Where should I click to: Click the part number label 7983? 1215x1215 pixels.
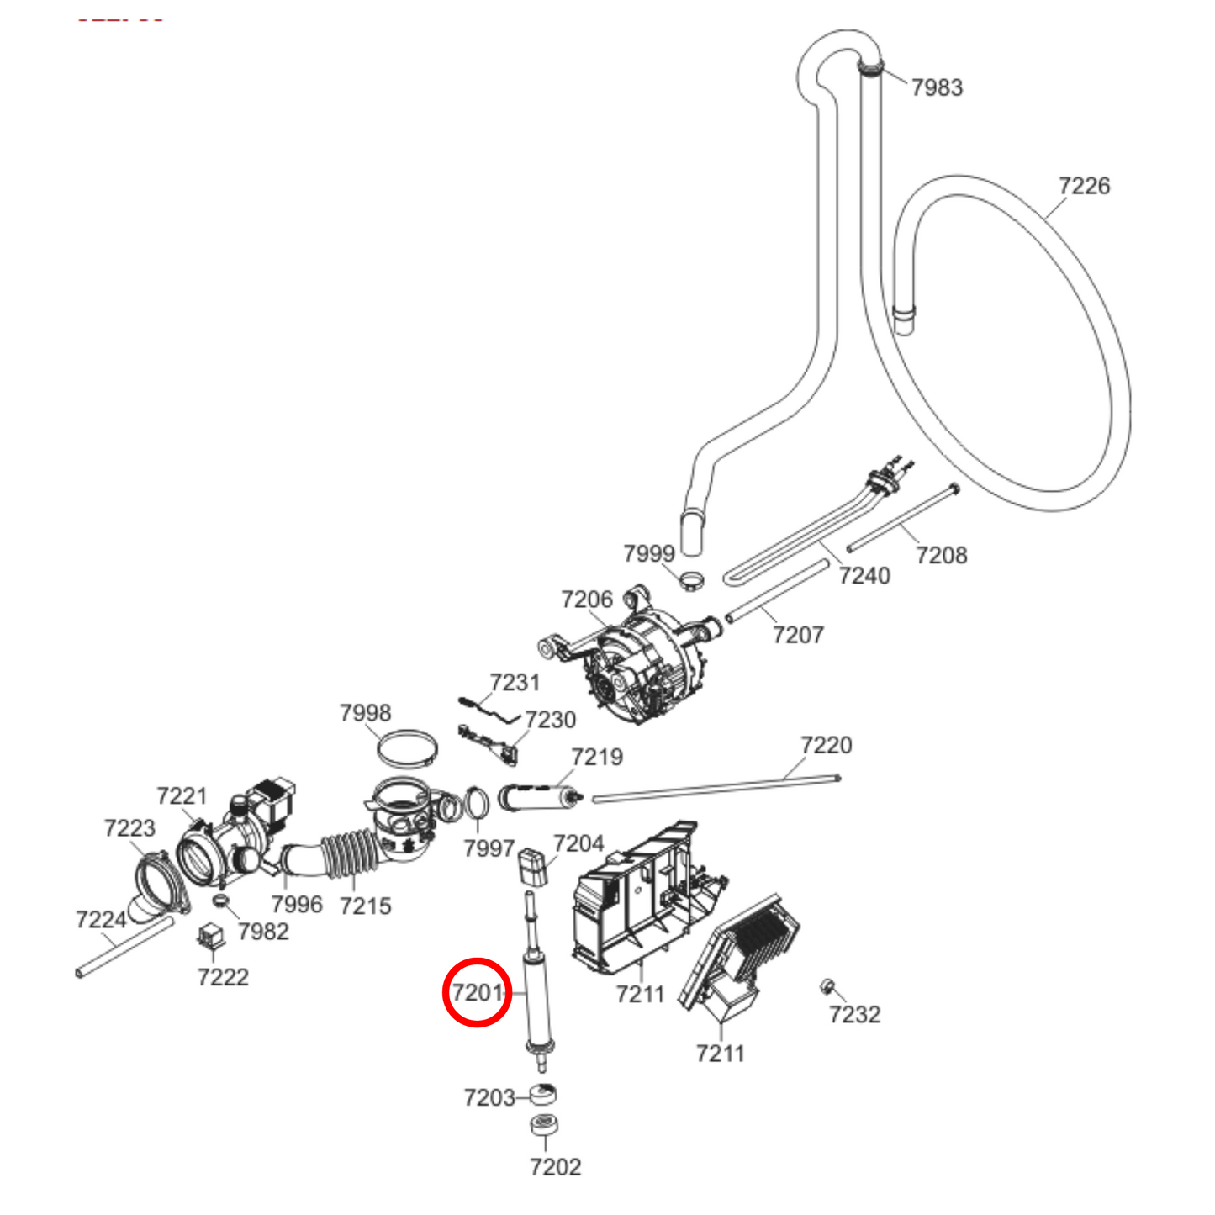click(937, 87)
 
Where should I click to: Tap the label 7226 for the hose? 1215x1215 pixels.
click(1084, 186)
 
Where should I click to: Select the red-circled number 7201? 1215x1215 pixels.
click(477, 993)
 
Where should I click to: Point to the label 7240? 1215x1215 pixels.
click(864, 576)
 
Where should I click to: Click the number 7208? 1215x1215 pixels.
click(941, 555)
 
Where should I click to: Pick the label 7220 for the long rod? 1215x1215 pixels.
click(826, 745)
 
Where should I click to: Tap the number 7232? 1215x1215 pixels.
click(854, 1015)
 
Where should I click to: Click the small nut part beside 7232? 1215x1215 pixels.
click(827, 985)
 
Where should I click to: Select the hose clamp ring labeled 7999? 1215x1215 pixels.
click(693, 579)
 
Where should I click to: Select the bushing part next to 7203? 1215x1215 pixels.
click(543, 1095)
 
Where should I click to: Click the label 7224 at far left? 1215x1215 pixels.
click(101, 920)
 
